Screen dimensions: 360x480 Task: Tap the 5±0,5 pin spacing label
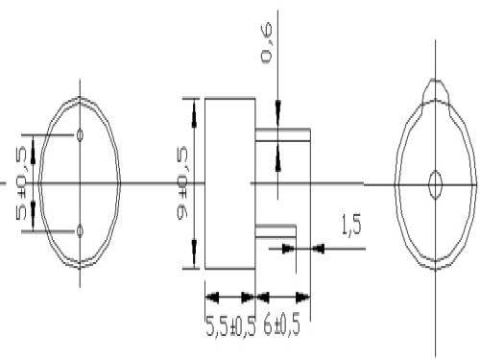[22, 182]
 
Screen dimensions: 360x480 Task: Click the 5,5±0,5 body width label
[230, 325]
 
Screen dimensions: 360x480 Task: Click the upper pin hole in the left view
[80, 134]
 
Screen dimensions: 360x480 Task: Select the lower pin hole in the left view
[80, 229]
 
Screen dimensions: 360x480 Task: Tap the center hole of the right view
[434, 182]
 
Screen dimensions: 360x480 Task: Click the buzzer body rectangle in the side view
[228, 182]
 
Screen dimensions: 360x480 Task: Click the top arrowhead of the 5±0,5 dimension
[35, 143]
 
